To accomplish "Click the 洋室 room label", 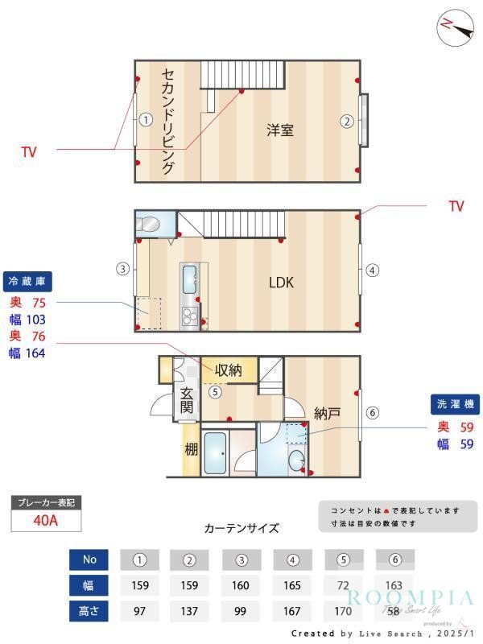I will pyautogui.click(x=280, y=130).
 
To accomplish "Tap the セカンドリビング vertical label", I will pyautogui.click(x=168, y=121).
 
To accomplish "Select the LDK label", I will pyautogui.click(x=281, y=283).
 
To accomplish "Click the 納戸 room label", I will pyautogui.click(x=327, y=414).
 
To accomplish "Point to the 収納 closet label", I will pyautogui.click(x=228, y=370).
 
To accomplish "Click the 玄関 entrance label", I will pyautogui.click(x=187, y=400).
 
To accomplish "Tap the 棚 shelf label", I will pyautogui.click(x=191, y=449).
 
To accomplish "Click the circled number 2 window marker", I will pyautogui.click(x=346, y=122).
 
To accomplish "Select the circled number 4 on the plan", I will pyautogui.click(x=372, y=270).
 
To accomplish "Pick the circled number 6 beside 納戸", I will pyautogui.click(x=372, y=413).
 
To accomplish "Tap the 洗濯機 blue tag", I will pyautogui.click(x=456, y=405).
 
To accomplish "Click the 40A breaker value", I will pyautogui.click(x=46, y=521).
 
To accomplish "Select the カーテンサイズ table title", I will pyautogui.click(x=242, y=528).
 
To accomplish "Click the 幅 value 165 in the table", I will pyautogui.click(x=291, y=585).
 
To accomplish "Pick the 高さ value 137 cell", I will pyautogui.click(x=189, y=611).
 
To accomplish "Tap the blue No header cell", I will pyautogui.click(x=89, y=559).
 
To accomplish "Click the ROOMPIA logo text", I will pyautogui.click(x=411, y=597).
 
